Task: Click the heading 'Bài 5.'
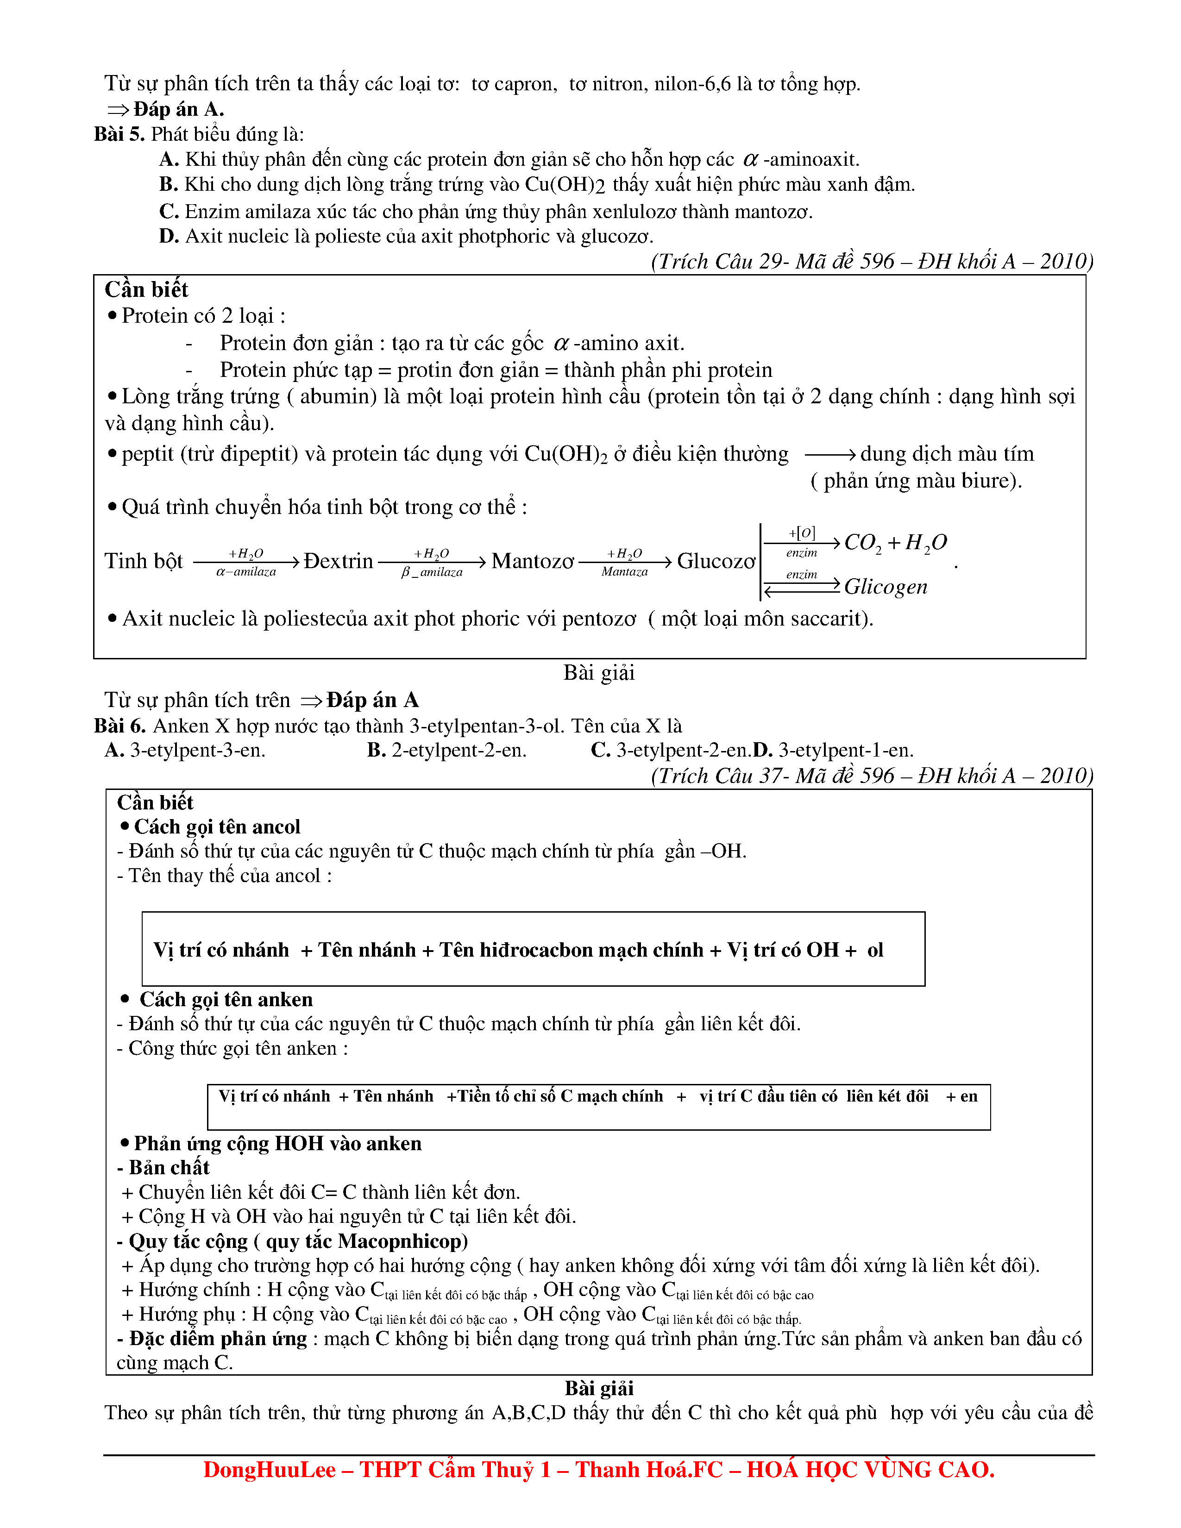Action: tap(119, 134)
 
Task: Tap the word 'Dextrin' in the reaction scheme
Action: tap(339, 561)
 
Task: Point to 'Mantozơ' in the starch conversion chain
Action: tap(533, 561)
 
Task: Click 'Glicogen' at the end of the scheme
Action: tap(885, 587)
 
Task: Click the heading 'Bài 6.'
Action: tap(119, 726)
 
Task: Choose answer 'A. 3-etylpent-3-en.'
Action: tap(185, 750)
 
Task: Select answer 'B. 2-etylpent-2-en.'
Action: tap(446, 750)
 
